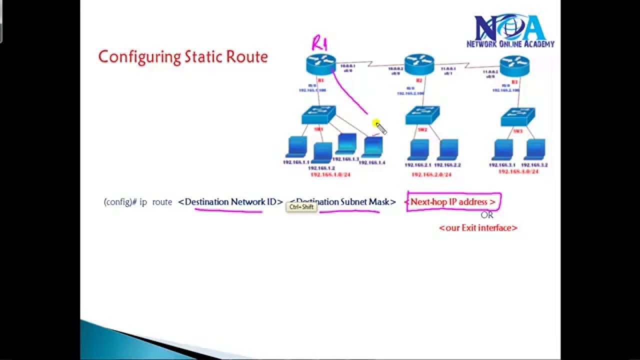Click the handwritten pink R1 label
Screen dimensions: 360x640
[x=319, y=43]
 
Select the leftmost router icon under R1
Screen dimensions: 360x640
[x=320, y=65]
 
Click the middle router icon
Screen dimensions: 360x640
[x=419, y=64]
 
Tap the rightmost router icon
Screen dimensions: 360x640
[x=514, y=65]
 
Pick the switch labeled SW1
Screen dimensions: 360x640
[x=318, y=115]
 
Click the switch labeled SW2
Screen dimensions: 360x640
[x=422, y=115]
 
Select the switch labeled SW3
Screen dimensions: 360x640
[x=517, y=117]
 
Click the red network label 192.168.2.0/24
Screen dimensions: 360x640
[x=431, y=175]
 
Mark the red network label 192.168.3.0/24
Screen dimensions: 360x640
[x=518, y=171]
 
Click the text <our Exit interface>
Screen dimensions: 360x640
[x=478, y=228]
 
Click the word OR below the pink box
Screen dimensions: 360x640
[x=486, y=215]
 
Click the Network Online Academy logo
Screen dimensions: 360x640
[x=510, y=31]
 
